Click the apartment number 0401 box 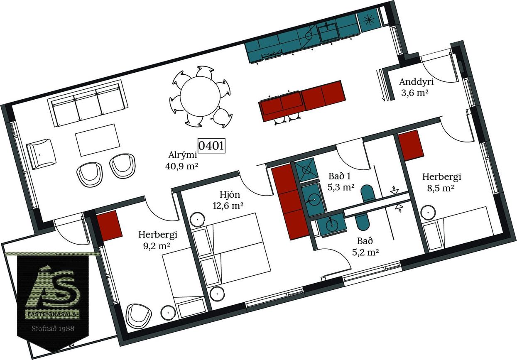tap(211, 145)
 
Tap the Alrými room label tap(183, 155)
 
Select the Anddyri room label tap(416, 82)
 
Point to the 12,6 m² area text tap(228, 205)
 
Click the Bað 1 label tap(340, 176)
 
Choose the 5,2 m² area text tap(365, 252)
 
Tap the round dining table tap(200, 96)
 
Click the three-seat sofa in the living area tap(88, 103)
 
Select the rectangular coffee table tap(98, 140)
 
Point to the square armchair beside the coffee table tap(41, 154)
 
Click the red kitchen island tap(302, 101)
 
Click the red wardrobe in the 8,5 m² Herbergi tap(411, 145)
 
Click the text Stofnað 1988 tap(53, 328)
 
